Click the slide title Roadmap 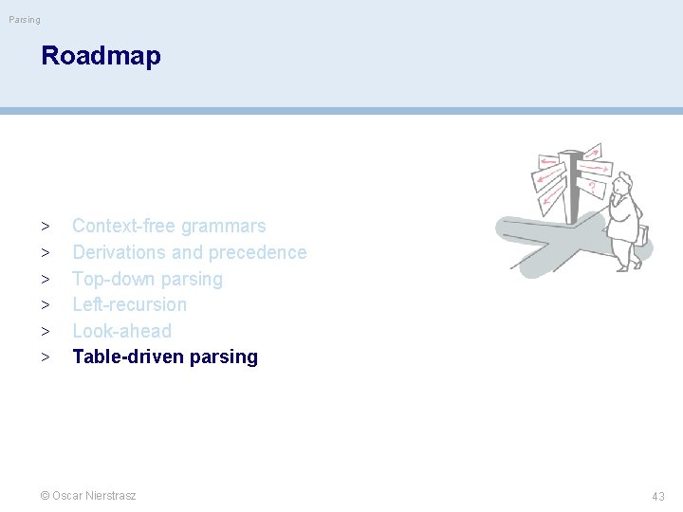tap(101, 56)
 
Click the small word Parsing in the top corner tap(25, 19)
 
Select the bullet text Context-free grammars tap(169, 226)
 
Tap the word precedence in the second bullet tap(257, 252)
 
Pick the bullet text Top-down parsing tap(147, 279)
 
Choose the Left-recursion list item tap(129, 304)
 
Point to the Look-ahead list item tap(121, 331)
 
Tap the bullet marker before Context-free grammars tap(45, 227)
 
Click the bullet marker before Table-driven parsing tap(45, 357)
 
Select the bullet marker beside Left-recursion tap(45, 305)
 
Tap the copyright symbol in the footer tap(45, 495)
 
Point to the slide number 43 tap(657, 496)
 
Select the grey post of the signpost tap(571, 190)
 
